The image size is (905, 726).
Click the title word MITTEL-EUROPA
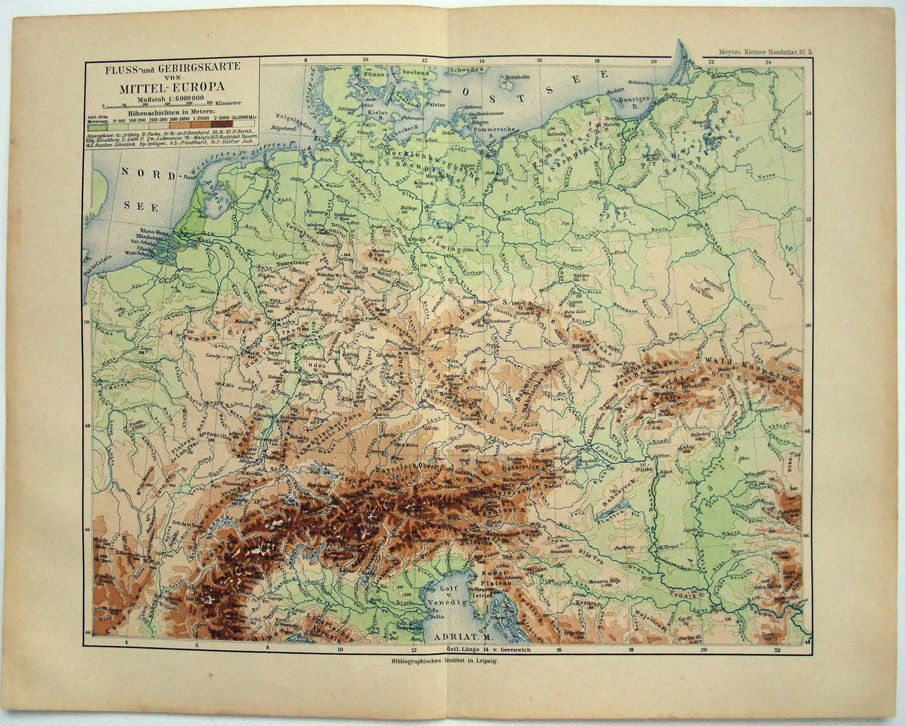tap(172, 88)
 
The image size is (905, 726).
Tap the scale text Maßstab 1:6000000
tap(170, 98)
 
